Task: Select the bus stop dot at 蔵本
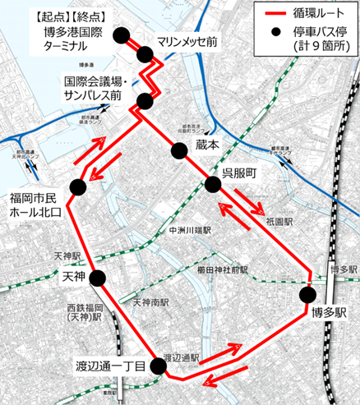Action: [179, 150]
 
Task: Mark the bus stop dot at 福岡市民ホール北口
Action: [77, 187]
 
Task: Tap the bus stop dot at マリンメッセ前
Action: [146, 54]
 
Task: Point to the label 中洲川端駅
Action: [189, 232]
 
